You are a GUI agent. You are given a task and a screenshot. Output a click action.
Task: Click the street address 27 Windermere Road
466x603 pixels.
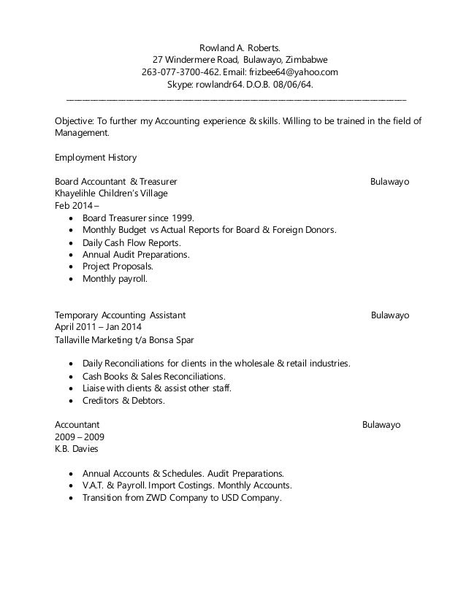[195, 59]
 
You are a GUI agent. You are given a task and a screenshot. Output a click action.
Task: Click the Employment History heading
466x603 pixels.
[96, 157]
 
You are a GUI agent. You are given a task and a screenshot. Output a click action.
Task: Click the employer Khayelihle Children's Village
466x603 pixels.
[111, 193]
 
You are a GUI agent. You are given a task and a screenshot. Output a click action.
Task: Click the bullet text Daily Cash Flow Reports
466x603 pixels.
[132, 242]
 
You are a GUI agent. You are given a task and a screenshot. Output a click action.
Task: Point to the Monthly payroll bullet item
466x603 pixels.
[115, 279]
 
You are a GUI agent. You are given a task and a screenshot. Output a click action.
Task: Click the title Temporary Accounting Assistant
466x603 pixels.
[120, 315]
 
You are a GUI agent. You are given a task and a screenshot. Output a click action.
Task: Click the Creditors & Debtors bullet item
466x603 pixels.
[123, 400]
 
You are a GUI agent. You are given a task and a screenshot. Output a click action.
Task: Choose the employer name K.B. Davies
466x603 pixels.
[77, 448]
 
